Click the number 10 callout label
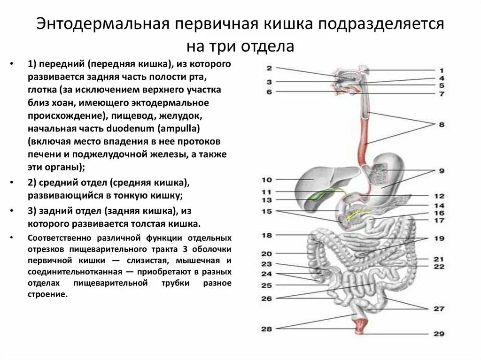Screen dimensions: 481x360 pyautogui.click(x=267, y=180)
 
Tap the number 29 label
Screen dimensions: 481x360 pyautogui.click(x=438, y=334)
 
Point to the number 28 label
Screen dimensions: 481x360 pyautogui.click(x=267, y=329)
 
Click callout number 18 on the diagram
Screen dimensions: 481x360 pyautogui.click(x=267, y=235)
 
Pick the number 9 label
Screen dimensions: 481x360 pyautogui.click(x=441, y=171)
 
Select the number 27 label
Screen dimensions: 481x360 pyautogui.click(x=438, y=309)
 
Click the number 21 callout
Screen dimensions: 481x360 pyautogui.click(x=439, y=259)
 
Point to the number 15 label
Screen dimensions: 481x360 pyautogui.click(x=267, y=212)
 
